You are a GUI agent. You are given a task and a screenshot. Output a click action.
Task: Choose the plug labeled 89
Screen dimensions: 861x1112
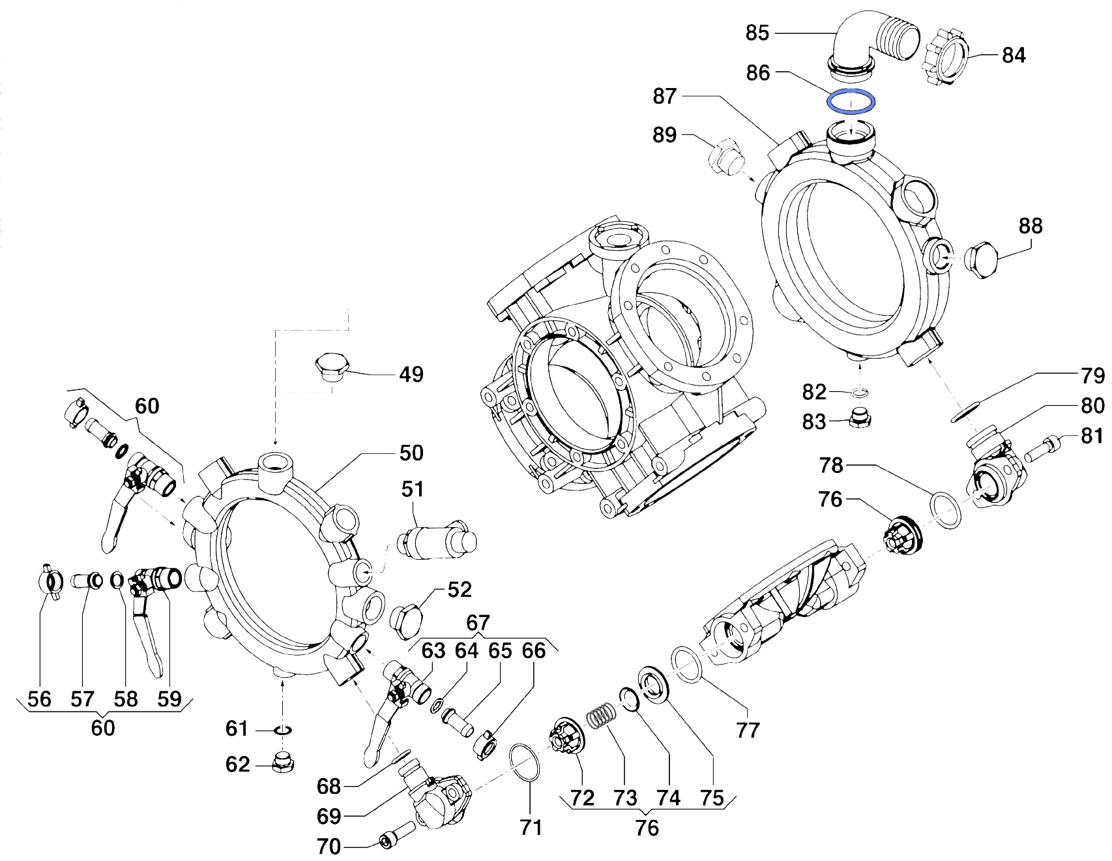click(x=724, y=157)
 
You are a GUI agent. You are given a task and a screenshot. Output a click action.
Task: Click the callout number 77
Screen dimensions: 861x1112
click(x=748, y=730)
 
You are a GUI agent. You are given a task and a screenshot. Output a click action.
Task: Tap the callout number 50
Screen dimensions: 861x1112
click(x=411, y=453)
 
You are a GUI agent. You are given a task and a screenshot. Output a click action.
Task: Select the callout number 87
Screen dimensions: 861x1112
click(x=666, y=97)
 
